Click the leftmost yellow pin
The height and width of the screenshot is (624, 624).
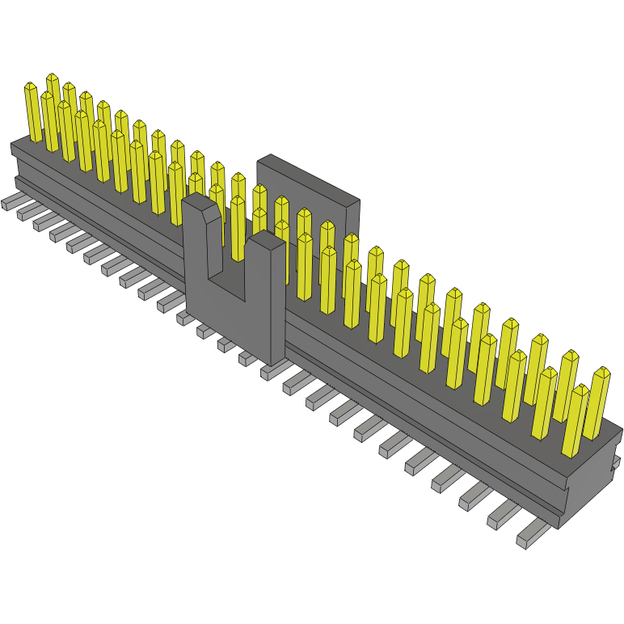[32, 113]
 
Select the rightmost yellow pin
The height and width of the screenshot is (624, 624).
[599, 404]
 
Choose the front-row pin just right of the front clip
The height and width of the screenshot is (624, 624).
[305, 267]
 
